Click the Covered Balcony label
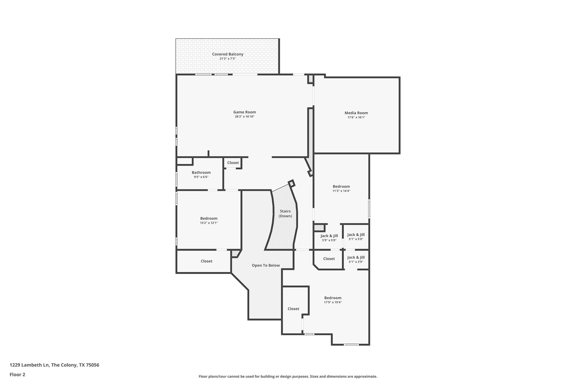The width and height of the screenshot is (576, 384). (x=228, y=54)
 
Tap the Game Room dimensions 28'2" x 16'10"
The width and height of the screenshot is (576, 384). (x=244, y=116)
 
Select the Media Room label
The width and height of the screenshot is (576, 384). (x=356, y=113)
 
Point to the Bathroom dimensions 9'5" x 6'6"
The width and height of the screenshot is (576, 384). (x=201, y=177)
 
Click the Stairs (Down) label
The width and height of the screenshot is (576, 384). (x=285, y=214)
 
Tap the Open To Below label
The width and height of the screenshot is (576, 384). (x=265, y=265)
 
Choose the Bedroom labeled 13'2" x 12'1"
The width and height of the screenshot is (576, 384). (x=209, y=218)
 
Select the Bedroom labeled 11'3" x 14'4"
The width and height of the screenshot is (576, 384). (x=341, y=186)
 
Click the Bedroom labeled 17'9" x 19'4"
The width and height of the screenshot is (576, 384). (x=333, y=298)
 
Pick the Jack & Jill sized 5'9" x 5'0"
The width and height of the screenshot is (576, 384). (x=329, y=236)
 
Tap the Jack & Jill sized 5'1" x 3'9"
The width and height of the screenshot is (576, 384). (x=356, y=257)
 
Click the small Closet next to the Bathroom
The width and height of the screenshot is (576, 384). (x=233, y=163)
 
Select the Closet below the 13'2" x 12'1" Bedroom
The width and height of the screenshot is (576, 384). (x=206, y=261)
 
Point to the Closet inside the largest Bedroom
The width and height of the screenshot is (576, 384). (x=293, y=309)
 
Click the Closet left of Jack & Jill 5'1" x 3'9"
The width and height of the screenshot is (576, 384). (x=329, y=259)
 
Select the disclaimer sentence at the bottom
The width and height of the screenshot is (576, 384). (x=288, y=376)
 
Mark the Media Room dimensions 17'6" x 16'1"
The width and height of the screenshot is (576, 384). (x=356, y=117)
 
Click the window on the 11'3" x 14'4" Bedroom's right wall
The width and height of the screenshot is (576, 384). (x=369, y=208)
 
